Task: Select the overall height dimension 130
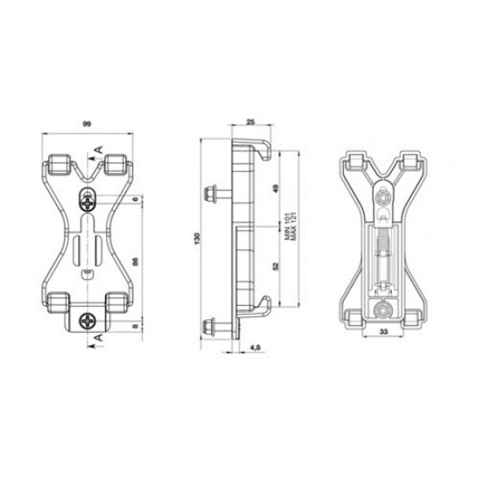(x=196, y=238)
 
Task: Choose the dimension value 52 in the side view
(x=276, y=265)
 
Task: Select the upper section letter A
(x=97, y=149)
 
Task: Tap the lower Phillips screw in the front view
(x=88, y=322)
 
